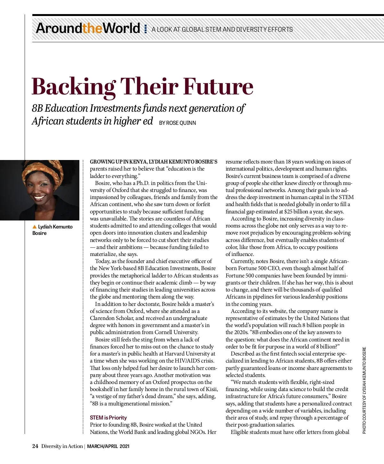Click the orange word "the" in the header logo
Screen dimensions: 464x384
point(92,28)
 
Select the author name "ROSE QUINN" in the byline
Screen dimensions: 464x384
point(181,123)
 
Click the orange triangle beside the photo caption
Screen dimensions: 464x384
point(35,227)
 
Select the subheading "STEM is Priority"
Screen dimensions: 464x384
point(108,418)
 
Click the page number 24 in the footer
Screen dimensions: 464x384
point(35,446)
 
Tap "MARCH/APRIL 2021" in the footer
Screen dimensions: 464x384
point(108,446)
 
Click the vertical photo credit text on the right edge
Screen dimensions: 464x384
point(364,390)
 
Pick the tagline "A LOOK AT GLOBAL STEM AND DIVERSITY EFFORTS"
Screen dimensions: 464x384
point(222,29)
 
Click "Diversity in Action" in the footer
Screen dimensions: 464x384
point(62,446)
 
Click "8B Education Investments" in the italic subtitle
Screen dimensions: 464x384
point(87,108)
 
